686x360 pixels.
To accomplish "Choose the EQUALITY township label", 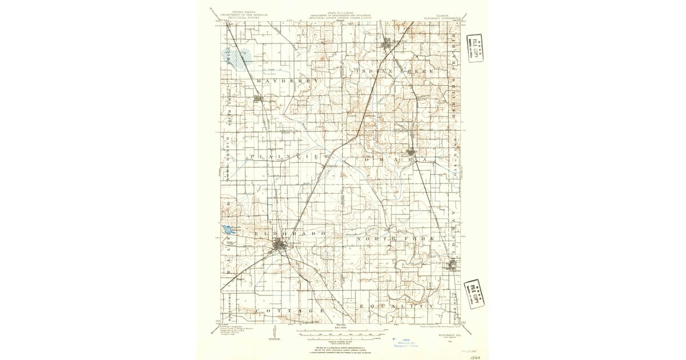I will coord(397,306).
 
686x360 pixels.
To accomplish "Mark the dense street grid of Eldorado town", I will coord(280,246).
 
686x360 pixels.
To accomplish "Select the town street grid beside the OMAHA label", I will coord(413,152).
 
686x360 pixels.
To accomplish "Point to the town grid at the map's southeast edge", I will coord(453,265).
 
